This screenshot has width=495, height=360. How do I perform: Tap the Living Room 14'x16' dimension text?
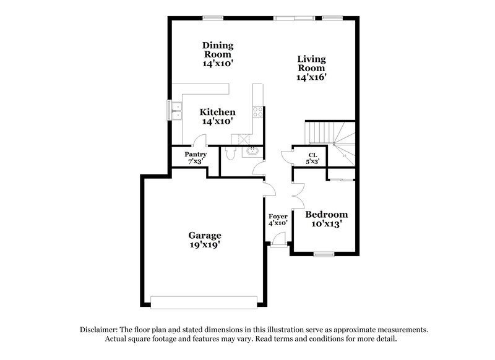tap(311, 77)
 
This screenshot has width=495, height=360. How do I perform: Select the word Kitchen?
tap(217, 112)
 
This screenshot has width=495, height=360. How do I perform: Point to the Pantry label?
tap(195, 154)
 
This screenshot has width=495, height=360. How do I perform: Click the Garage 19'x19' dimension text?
tap(205, 245)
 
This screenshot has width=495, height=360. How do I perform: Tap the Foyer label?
tap(277, 216)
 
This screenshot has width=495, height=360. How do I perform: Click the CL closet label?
tap(313, 155)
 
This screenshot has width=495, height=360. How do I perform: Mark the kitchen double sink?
tap(176, 111)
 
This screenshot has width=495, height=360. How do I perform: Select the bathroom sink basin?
tap(253, 150)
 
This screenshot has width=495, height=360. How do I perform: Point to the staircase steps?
tap(322, 132)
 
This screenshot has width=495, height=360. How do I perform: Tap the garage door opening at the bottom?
tap(204, 302)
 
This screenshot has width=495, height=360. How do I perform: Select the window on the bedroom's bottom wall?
tap(323, 254)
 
